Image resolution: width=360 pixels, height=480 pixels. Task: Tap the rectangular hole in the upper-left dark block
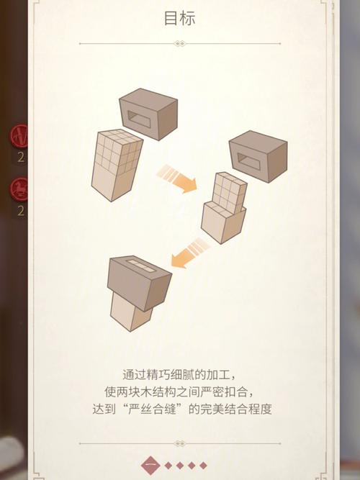[140, 119]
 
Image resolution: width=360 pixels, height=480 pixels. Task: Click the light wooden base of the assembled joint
[130, 311]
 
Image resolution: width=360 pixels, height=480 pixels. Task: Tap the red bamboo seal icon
[20, 135]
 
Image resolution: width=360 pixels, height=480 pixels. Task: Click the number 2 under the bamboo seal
[21, 157]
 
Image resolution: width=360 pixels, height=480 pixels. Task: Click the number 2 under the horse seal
[21, 211]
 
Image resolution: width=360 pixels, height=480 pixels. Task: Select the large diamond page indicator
[151, 465]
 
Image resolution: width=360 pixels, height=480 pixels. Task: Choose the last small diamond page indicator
[203, 465]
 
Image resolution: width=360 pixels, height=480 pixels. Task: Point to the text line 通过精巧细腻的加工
[179, 374]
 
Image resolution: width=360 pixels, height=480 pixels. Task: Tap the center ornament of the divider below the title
[180, 44]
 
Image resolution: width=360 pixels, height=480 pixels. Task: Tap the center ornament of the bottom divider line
[180, 443]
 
